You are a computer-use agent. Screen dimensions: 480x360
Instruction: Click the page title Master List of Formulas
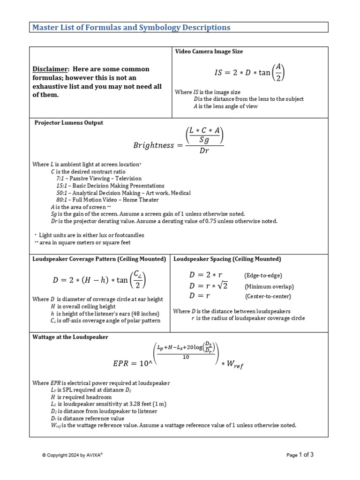tap(131, 27)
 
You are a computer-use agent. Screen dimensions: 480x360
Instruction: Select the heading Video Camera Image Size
tap(209, 52)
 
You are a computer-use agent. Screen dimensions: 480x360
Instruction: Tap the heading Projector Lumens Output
tap(69, 123)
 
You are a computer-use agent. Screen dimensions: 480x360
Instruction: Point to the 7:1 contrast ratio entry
tap(62, 179)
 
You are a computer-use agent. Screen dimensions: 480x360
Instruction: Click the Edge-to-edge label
tap(263, 276)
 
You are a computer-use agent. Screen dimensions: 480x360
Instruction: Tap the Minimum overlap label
tap(269, 286)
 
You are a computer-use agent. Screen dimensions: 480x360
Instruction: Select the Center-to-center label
tap(268, 297)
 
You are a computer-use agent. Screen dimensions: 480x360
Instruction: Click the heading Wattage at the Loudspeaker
tap(70, 337)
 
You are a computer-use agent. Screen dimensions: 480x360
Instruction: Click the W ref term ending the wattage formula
tap(235, 365)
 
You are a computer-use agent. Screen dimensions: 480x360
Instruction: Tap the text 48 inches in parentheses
tap(143, 314)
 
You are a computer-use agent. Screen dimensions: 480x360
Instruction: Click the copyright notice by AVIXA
tap(72, 455)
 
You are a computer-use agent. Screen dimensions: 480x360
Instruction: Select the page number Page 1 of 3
tap(300, 455)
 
